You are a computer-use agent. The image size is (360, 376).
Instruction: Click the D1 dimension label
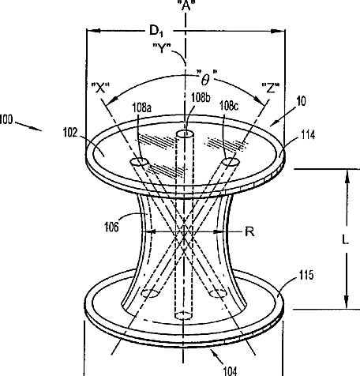pyautogui.click(x=156, y=31)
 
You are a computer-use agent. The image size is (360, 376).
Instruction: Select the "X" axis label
pyautogui.click(x=100, y=88)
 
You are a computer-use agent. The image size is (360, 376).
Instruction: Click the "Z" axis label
pyautogui.click(x=271, y=88)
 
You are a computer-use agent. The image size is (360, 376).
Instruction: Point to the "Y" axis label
pyautogui.click(x=162, y=48)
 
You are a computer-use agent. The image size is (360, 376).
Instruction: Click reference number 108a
pyautogui.click(x=142, y=107)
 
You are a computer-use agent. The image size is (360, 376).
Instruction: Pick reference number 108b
pyautogui.click(x=201, y=97)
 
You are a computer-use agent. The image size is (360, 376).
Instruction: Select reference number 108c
pyautogui.click(x=229, y=106)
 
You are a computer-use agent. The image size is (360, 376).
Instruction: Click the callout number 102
pyautogui.click(x=70, y=133)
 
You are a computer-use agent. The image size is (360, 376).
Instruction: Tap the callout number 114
pyautogui.click(x=308, y=135)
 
